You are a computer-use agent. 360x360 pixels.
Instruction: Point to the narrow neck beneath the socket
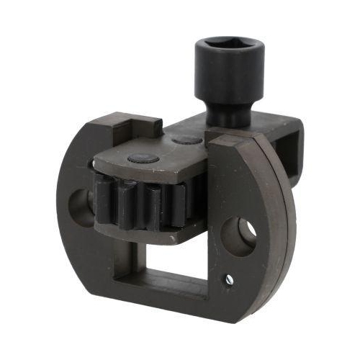[225, 116]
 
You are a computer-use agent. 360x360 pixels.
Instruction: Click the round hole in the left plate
[79, 207]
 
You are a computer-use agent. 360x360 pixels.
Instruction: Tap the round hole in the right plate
[238, 237]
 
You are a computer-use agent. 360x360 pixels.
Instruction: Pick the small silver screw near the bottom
[229, 278]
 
